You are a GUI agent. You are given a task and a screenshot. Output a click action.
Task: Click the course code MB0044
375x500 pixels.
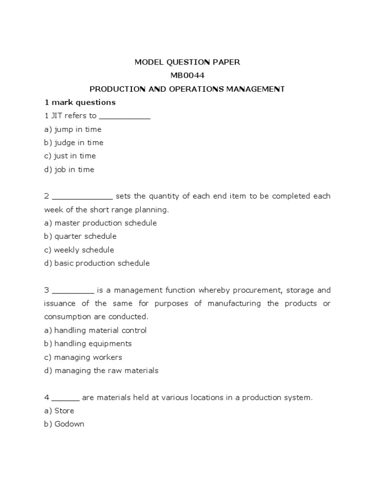(x=187, y=76)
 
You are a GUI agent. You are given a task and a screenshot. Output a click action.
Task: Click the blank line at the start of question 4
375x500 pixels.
(x=65, y=398)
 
